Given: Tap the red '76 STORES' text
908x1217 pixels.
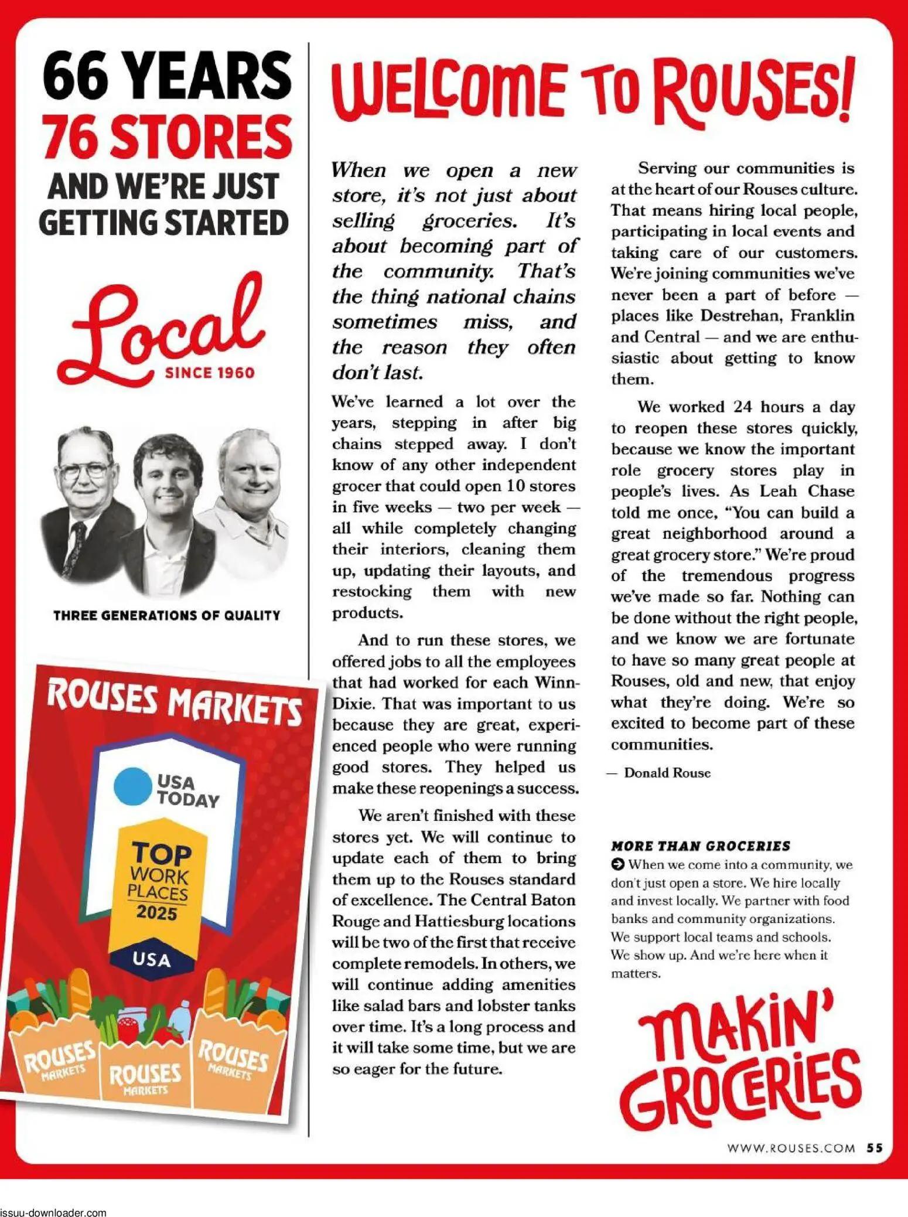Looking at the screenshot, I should tap(167, 137).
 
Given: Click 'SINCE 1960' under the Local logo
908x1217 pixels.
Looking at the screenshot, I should tap(210, 373).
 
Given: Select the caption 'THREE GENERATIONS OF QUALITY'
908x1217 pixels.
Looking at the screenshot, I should tap(167, 615).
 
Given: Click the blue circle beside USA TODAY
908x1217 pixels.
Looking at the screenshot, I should tap(134, 786).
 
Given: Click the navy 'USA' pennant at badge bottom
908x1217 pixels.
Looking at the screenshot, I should tap(151, 959).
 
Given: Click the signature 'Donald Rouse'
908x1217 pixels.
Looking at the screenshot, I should tap(667, 772).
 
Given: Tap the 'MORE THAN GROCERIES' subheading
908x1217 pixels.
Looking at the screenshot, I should tap(700, 846).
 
